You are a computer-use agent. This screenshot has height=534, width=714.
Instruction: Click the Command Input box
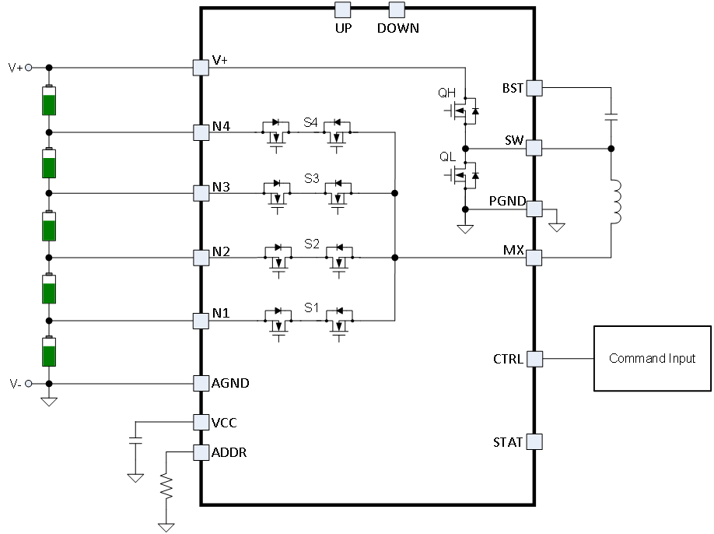tap(653, 358)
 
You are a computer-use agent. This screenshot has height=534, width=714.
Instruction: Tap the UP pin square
tap(343, 9)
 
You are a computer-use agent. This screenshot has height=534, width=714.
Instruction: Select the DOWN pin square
tap(397, 9)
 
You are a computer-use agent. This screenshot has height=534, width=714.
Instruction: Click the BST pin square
tap(534, 88)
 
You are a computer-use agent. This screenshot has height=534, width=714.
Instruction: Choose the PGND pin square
tap(534, 209)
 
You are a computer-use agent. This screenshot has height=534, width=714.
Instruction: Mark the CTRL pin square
tap(534, 359)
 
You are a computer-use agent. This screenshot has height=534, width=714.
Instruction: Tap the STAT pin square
tap(534, 442)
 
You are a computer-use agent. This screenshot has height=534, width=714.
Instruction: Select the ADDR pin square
tap(201, 452)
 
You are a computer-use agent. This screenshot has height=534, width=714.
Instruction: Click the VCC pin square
tap(201, 422)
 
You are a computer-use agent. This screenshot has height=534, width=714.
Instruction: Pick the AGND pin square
tap(201, 383)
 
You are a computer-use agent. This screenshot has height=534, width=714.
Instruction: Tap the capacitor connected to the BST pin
tap(611, 118)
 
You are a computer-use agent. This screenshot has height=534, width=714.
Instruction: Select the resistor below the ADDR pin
tap(166, 487)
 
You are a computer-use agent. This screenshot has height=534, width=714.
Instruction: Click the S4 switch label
tap(311, 122)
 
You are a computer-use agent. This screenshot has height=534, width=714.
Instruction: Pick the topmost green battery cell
tap(49, 100)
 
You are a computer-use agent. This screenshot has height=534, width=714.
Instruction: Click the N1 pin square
tap(201, 320)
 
